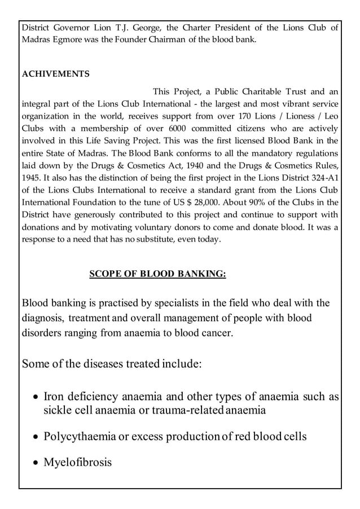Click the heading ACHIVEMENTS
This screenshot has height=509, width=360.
tap(55, 74)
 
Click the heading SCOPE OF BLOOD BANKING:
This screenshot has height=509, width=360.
tap(157, 274)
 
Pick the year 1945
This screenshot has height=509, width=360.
tap(32, 178)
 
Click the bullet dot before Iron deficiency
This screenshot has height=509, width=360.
tap(35, 398)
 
